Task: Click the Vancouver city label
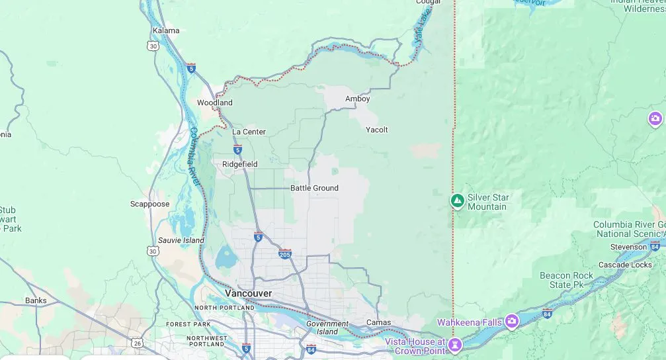click(x=248, y=293)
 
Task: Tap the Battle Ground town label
click(x=314, y=188)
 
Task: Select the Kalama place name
click(x=166, y=30)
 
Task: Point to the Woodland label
click(x=214, y=103)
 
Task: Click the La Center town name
click(x=249, y=132)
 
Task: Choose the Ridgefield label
click(x=239, y=164)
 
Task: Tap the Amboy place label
click(x=357, y=99)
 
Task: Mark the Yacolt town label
click(x=376, y=130)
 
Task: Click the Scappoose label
click(x=149, y=204)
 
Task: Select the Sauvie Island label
click(x=181, y=240)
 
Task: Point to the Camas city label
click(x=378, y=322)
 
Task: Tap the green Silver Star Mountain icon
click(x=457, y=200)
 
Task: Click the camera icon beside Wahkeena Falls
click(x=511, y=322)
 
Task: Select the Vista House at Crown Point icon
click(x=455, y=344)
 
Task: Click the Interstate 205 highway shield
click(x=285, y=254)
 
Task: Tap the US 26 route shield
click(x=137, y=343)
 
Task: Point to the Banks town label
click(x=36, y=300)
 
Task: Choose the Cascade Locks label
click(x=624, y=265)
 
